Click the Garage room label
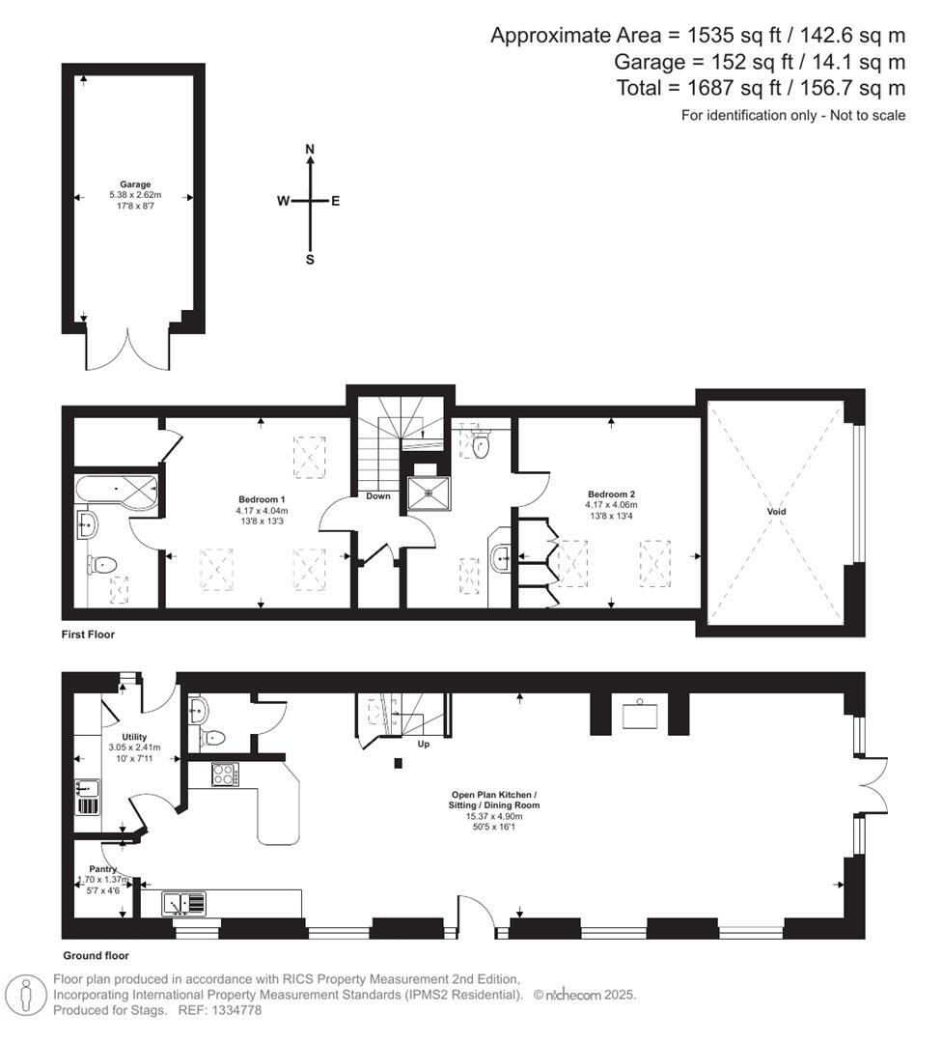pyautogui.click(x=135, y=183)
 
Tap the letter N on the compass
pyautogui.click(x=310, y=149)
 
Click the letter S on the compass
pyautogui.click(x=310, y=259)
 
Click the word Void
pyautogui.click(x=776, y=512)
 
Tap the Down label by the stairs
pyautogui.click(x=377, y=496)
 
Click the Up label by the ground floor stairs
pyautogui.click(x=422, y=745)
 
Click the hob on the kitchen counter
pyautogui.click(x=225, y=775)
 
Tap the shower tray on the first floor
pyautogui.click(x=427, y=492)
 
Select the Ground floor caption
pyautogui.click(x=96, y=956)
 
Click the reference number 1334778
pyautogui.click(x=236, y=1010)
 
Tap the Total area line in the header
pyautogui.click(x=761, y=89)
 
